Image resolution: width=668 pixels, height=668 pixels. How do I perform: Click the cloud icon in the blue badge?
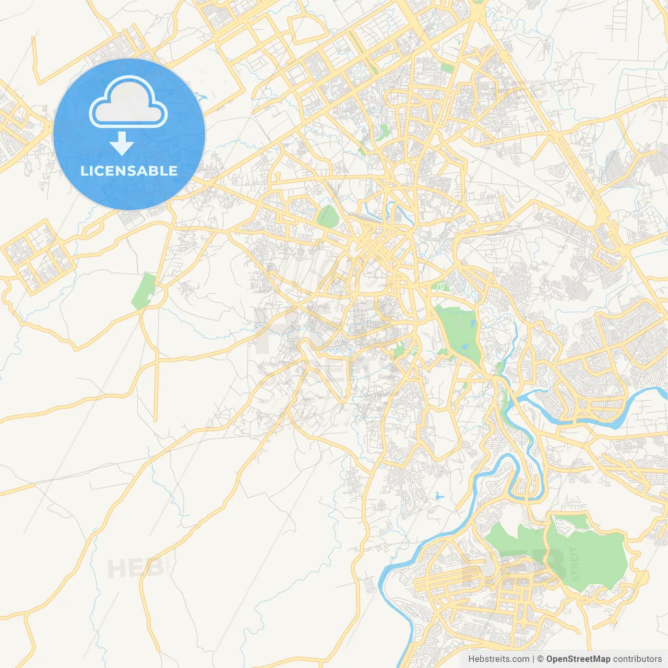click(128, 102)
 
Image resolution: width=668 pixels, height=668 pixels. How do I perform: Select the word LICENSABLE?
click(129, 171)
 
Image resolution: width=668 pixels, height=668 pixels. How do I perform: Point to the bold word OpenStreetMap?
click(578, 659)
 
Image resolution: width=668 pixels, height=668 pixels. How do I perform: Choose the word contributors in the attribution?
click(637, 659)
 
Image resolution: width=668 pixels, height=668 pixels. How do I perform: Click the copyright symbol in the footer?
click(541, 659)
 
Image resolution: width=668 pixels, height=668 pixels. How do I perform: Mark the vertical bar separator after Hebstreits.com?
click(533, 659)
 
